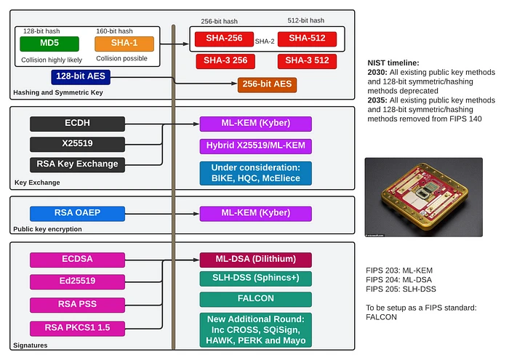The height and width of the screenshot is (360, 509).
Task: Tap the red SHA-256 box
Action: (x=223, y=39)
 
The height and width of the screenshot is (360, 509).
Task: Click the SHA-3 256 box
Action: (x=225, y=60)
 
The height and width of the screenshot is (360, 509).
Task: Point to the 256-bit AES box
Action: (x=267, y=85)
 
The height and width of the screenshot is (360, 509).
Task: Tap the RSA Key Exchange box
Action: (x=74, y=164)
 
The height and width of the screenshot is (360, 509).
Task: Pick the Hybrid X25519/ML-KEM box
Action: (x=255, y=145)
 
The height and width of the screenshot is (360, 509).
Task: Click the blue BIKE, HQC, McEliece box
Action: (x=255, y=173)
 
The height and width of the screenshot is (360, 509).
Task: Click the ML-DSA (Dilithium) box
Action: (x=255, y=260)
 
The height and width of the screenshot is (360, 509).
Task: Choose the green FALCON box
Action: (x=255, y=298)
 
